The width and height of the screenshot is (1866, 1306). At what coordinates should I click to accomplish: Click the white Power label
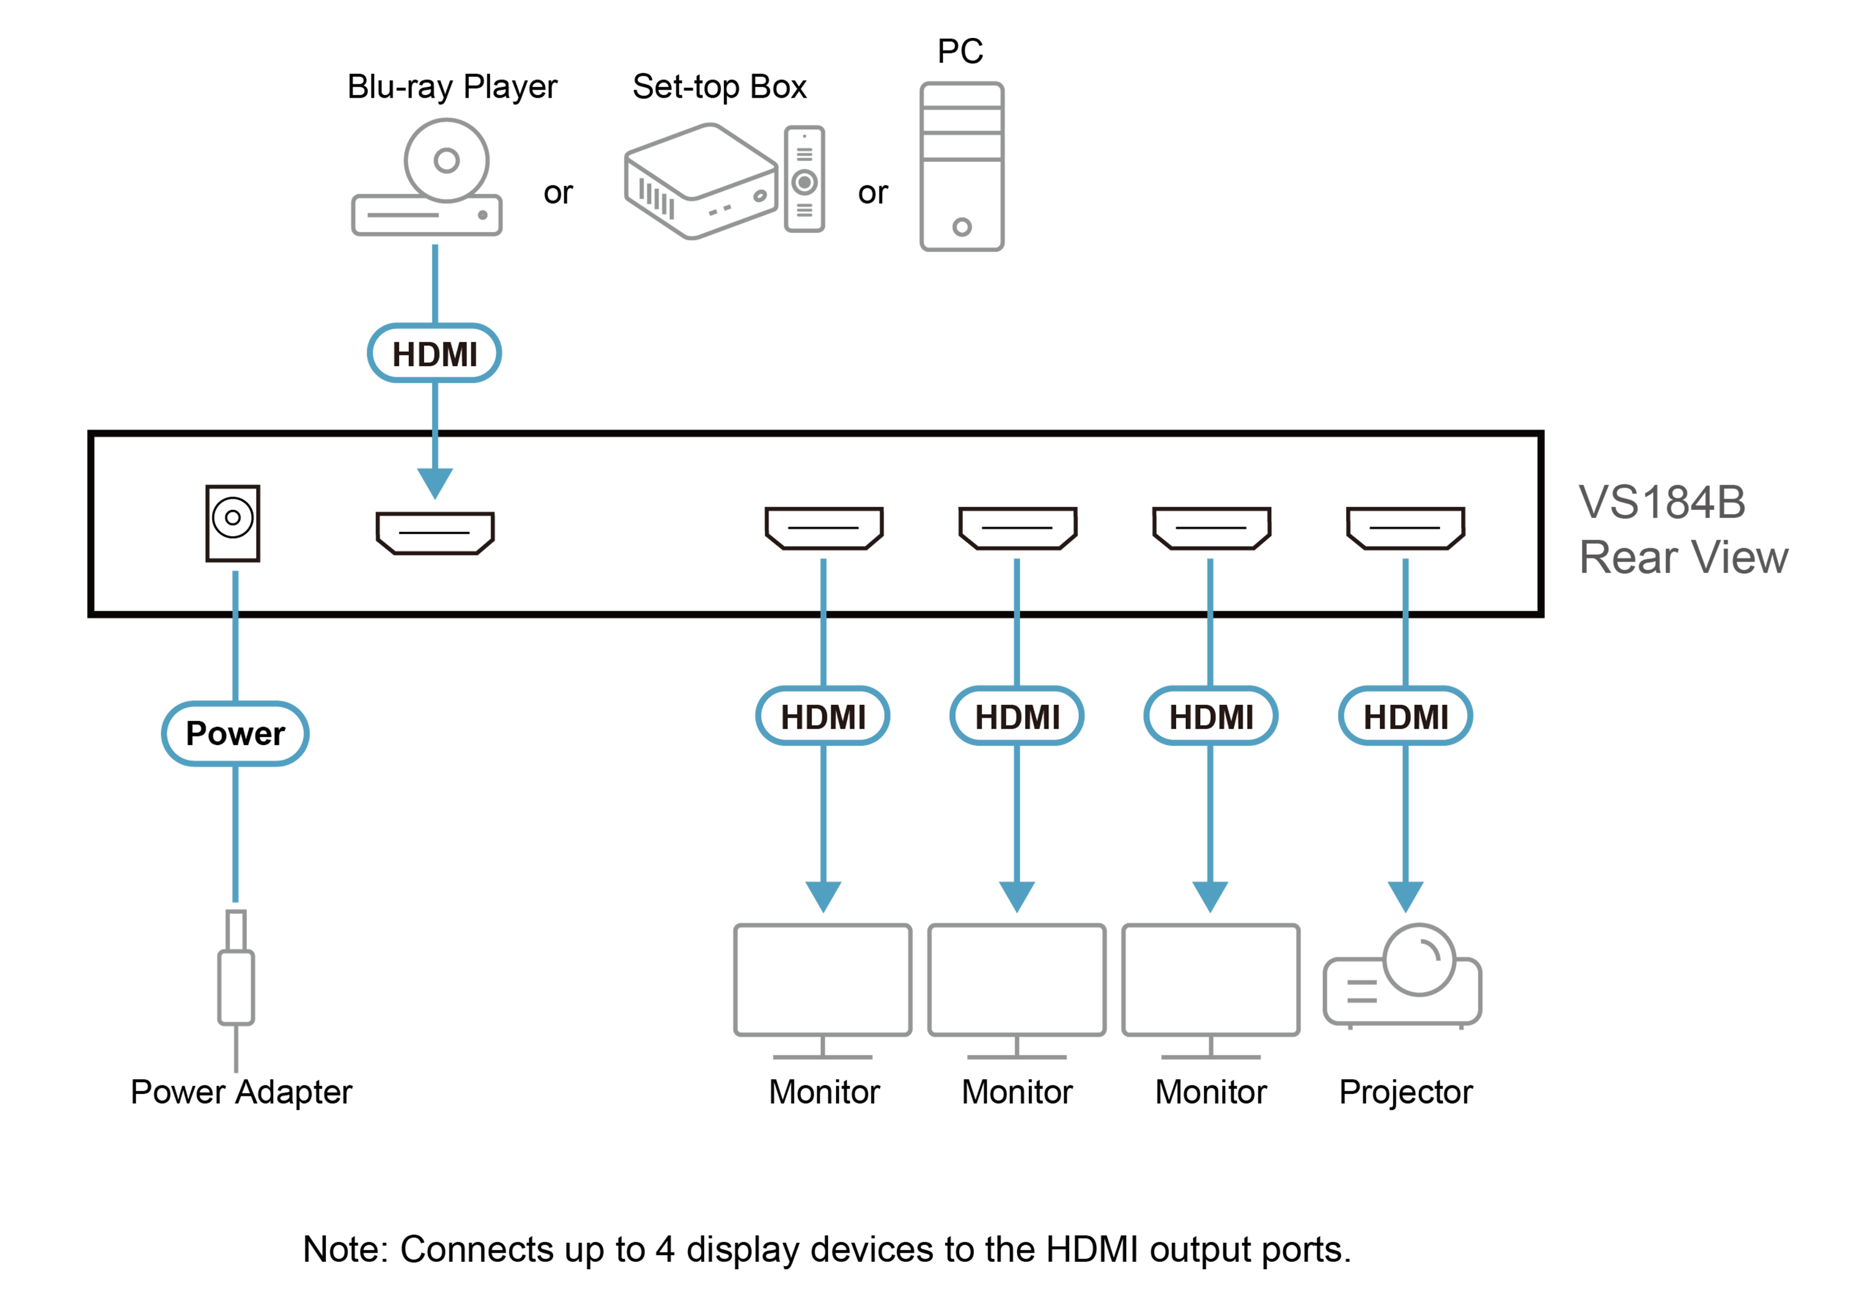235,734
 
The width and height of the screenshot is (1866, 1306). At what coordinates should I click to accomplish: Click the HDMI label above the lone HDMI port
434,353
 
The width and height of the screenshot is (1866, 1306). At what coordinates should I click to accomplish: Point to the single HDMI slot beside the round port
435,533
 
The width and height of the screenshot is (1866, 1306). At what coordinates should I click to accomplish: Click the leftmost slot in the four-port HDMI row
824,528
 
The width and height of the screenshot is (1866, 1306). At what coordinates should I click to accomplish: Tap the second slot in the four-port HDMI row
1018,528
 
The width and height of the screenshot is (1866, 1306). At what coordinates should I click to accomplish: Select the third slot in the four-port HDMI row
1211,528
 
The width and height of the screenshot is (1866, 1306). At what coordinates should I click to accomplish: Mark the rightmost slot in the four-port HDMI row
1405,528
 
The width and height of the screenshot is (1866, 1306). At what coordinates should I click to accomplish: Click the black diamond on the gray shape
873,192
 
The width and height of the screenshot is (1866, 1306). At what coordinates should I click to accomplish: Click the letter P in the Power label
196,734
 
